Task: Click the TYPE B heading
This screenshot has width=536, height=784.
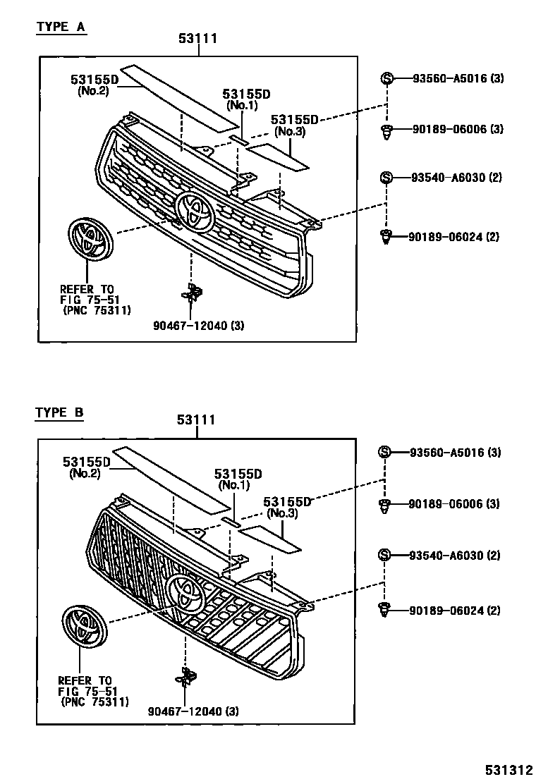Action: point(60,413)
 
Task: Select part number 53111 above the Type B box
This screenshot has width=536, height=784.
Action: point(196,420)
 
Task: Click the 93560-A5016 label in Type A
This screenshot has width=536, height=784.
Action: point(457,78)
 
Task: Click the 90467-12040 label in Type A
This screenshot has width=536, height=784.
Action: point(199,325)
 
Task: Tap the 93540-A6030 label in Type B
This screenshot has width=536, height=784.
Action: point(454,556)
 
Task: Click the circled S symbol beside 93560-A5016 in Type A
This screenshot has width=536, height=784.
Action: point(386,78)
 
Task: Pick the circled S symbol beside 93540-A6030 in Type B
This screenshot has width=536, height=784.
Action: point(384,556)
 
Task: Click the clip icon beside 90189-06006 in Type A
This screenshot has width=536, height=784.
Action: point(386,130)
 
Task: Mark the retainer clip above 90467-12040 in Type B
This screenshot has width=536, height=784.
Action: point(187,678)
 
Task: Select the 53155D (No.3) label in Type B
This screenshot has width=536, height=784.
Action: point(287,507)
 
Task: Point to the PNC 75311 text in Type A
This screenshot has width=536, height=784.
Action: point(96,310)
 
